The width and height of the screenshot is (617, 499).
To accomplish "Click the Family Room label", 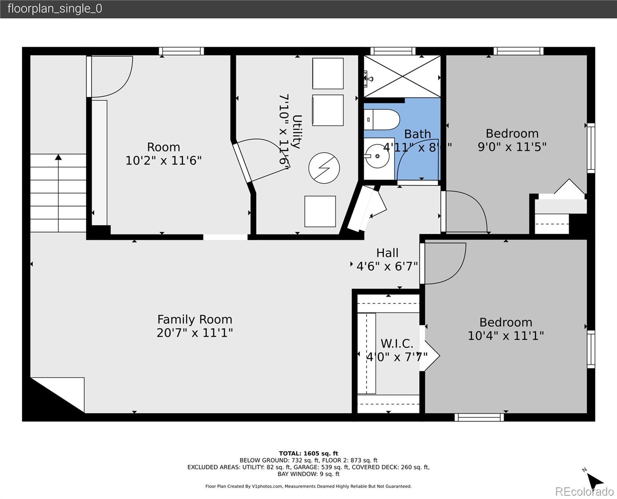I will pyautogui.click(x=195, y=319).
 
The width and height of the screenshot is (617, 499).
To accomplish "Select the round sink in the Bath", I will pyautogui.click(x=378, y=156).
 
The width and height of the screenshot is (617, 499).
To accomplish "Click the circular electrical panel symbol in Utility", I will pyautogui.click(x=324, y=168).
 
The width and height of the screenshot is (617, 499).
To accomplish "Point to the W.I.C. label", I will pyautogui.click(x=397, y=343).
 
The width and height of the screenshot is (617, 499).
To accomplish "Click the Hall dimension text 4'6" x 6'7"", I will pyautogui.click(x=387, y=266).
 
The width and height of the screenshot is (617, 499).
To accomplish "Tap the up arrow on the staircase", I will pyautogui.click(x=58, y=157).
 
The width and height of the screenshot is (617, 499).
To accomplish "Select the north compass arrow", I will pyautogui.click(x=596, y=480).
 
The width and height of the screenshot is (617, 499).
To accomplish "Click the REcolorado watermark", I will pyautogui.click(x=585, y=492).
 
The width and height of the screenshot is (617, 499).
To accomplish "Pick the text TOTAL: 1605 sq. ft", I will pyautogui.click(x=308, y=454).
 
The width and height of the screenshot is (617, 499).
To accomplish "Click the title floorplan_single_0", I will pyautogui.click(x=54, y=9).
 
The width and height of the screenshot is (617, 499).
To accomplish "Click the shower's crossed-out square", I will pyautogui.click(x=402, y=77).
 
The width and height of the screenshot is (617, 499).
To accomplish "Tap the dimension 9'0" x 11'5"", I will pyautogui.click(x=512, y=147).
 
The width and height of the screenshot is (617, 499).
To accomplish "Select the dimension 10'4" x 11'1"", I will pyautogui.click(x=506, y=336).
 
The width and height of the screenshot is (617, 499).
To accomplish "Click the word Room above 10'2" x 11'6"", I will pyautogui.click(x=163, y=147).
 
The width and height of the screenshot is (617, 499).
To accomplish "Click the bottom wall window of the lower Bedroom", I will pyautogui.click(x=479, y=417).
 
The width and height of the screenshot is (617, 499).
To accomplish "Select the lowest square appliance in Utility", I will pyautogui.click(x=320, y=211).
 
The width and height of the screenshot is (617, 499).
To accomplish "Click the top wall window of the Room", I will pyautogui.click(x=181, y=51).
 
